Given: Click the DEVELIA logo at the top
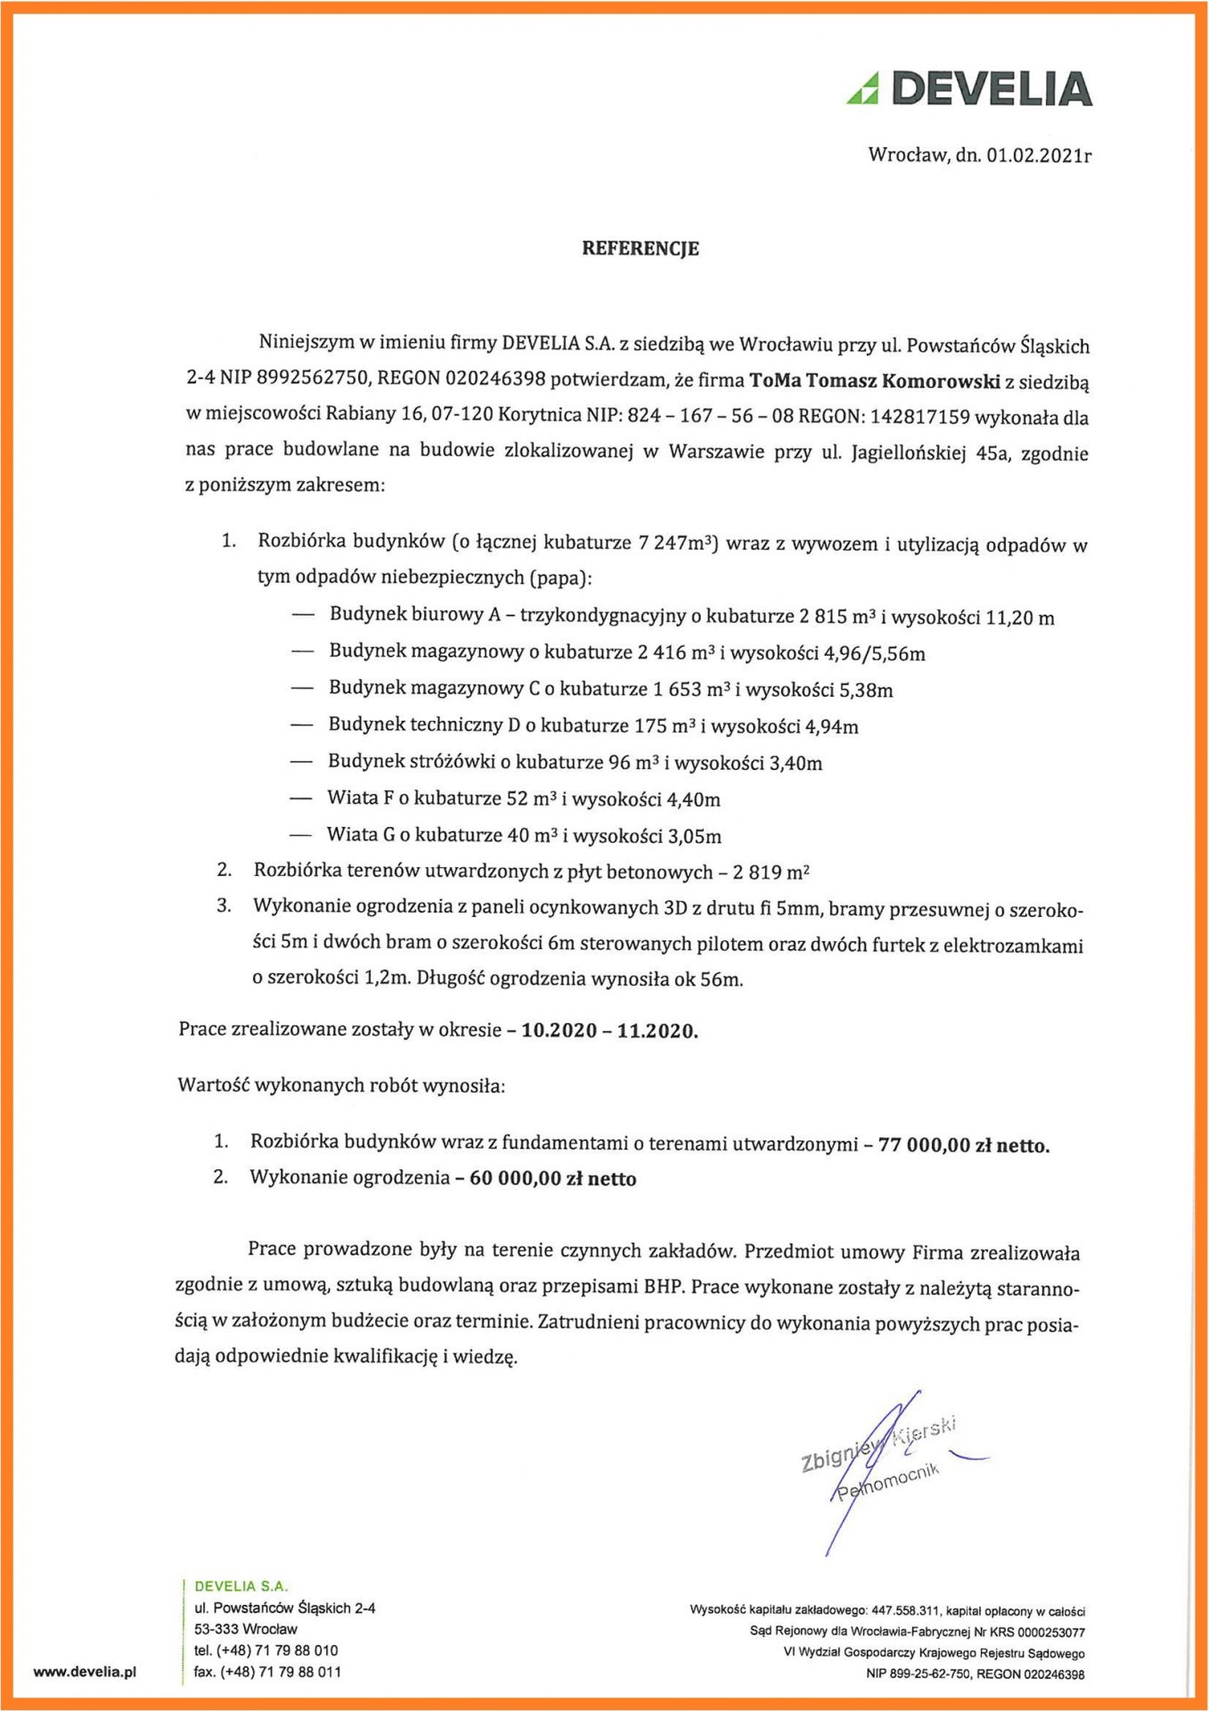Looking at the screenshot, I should coord(969,89).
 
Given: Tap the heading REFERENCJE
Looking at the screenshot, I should coord(640,249).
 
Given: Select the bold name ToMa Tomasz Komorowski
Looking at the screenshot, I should coord(874,381).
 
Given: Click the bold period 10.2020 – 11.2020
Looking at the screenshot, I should coord(609,1031).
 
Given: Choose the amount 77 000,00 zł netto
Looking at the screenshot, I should coord(963,1145).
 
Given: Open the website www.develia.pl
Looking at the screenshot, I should coord(85,1672).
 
